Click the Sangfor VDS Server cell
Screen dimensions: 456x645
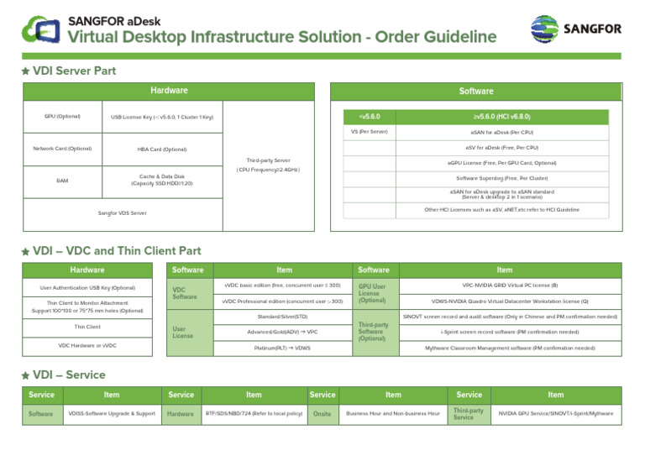[123, 212]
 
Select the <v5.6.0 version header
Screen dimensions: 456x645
[370, 116]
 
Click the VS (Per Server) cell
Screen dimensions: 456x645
[370, 132]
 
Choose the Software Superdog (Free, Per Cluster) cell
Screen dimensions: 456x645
[501, 178]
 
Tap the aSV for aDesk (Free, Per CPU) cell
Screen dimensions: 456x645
[501, 147]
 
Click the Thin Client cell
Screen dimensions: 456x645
[87, 327]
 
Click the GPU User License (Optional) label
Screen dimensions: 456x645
[372, 292]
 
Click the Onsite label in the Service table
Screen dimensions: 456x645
[322, 413]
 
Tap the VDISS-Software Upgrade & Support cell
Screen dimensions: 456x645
[112, 413]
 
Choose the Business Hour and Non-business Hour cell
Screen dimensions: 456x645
[393, 413]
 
